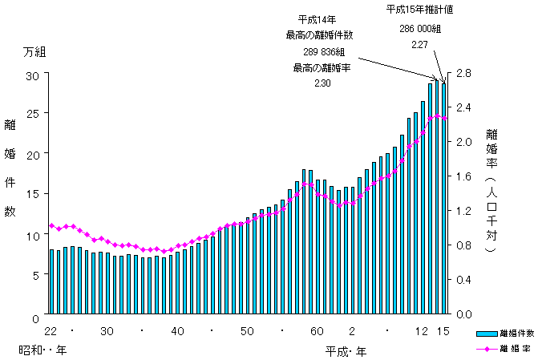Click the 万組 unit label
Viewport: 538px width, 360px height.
[34, 52]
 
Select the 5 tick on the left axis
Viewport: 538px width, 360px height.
[35, 275]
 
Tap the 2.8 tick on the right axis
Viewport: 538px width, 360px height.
[464, 75]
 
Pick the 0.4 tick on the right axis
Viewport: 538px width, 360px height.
[464, 280]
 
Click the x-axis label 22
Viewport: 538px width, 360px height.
[51, 331]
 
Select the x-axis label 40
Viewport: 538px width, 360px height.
[178, 331]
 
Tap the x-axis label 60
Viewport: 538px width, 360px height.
[318, 331]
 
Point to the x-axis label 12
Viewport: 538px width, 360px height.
[422, 331]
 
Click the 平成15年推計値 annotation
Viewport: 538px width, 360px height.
[420, 10]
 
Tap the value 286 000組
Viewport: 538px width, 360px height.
[420, 28]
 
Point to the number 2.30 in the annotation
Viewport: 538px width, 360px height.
[322, 84]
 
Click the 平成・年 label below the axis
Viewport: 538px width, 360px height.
[346, 351]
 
